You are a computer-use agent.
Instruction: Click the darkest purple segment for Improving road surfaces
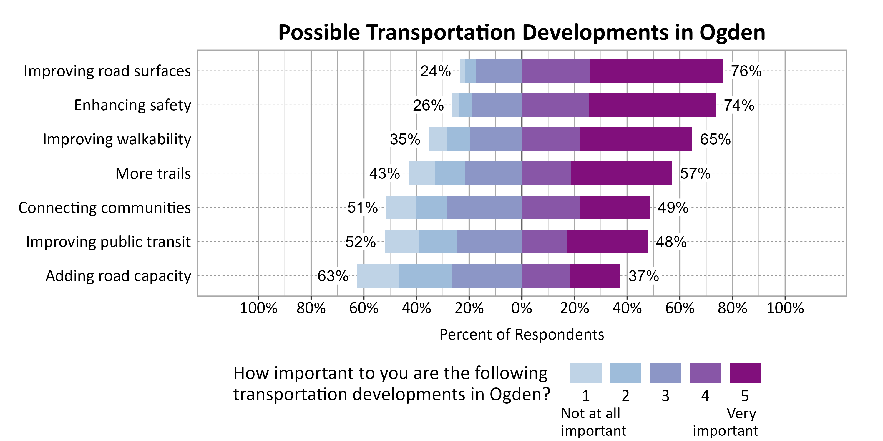click(x=656, y=71)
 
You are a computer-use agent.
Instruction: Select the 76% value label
click(x=746, y=71)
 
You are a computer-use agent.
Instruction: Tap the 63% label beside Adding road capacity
click(x=333, y=276)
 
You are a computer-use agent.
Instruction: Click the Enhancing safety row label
click(x=132, y=105)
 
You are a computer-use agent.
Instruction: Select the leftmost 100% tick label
click(x=258, y=308)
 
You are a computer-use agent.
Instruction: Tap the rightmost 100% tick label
click(x=785, y=308)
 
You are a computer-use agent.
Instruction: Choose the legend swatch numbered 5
click(x=745, y=373)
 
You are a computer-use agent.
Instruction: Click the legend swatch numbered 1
click(x=585, y=373)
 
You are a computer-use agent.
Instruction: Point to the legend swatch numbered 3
click(x=665, y=373)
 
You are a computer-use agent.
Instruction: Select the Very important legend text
click(x=725, y=422)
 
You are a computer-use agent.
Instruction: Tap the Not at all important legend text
click(x=593, y=422)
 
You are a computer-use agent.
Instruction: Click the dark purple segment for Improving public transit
click(x=607, y=242)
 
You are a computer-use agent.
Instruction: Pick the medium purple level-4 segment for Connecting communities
click(x=550, y=208)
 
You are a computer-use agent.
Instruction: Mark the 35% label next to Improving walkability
click(x=404, y=139)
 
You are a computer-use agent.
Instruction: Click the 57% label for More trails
click(x=695, y=173)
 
